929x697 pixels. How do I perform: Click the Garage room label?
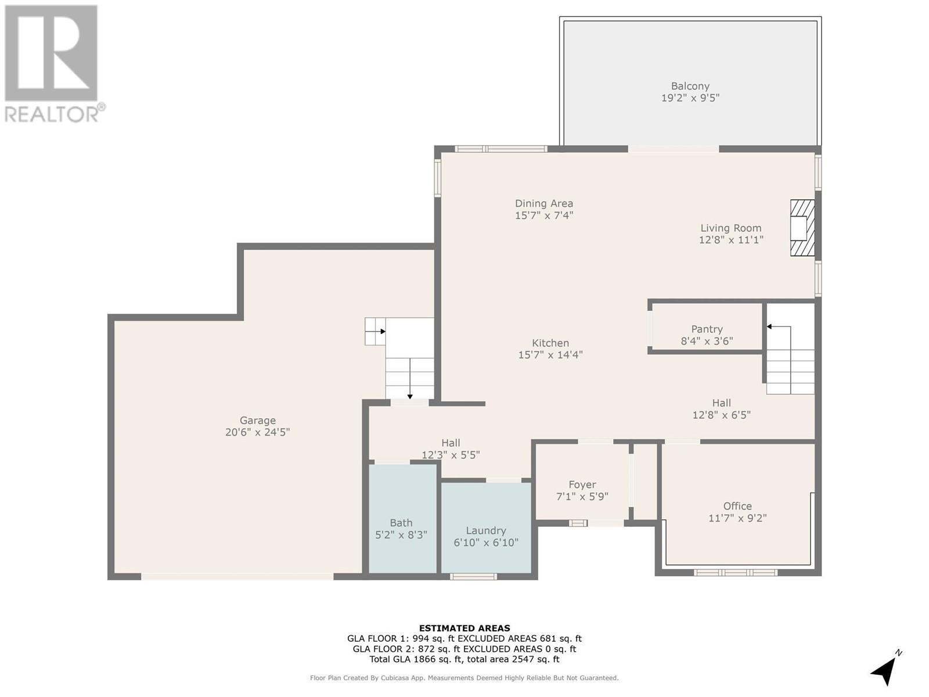click(x=258, y=421)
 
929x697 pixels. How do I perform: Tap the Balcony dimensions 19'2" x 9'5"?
click(x=690, y=98)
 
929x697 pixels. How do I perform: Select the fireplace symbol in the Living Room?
click(x=802, y=228)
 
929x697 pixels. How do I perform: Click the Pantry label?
click(x=707, y=329)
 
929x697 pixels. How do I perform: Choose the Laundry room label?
click(x=486, y=531)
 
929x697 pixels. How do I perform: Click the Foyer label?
click(x=582, y=485)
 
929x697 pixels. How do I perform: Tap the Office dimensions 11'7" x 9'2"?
click(x=737, y=518)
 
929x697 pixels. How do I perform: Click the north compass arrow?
click(x=885, y=670)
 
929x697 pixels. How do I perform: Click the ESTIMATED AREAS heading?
click(x=464, y=628)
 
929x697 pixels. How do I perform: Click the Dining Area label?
click(x=544, y=203)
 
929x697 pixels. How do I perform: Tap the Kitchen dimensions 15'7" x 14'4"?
click(x=550, y=355)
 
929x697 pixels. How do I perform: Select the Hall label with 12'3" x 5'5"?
click(x=451, y=443)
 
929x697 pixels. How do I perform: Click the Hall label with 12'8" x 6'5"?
click(x=721, y=403)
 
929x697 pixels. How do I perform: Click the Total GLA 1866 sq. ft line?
click(x=464, y=659)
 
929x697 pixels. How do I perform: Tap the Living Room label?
click(x=730, y=228)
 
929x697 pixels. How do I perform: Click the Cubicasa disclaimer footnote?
click(x=464, y=678)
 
